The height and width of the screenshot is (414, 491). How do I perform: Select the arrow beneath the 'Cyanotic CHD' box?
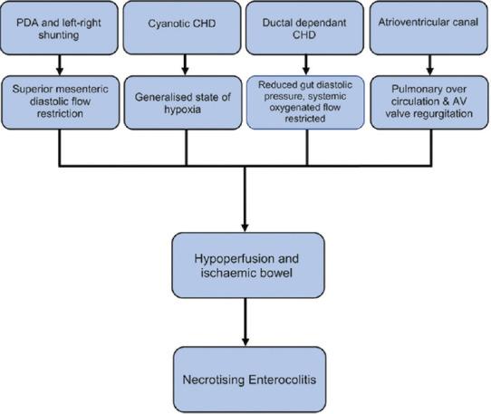click(186, 64)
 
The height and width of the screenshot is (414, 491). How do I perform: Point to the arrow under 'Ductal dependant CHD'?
click(306, 64)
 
